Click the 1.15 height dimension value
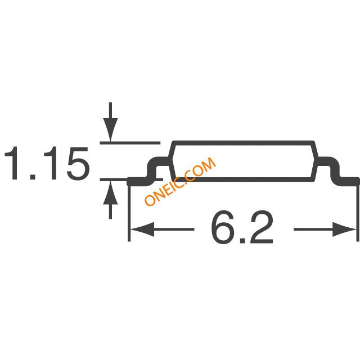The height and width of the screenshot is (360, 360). coord(47,163)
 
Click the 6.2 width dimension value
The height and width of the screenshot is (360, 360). coord(242,227)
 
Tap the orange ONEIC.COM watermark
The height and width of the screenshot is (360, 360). coord(180,181)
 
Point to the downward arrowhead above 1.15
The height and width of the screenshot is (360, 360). coord(110,130)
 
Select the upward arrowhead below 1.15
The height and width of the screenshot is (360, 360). coord(110,192)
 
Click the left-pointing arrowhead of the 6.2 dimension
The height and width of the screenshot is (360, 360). coord(142,229)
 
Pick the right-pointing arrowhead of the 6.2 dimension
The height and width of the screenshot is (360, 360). coord(344,229)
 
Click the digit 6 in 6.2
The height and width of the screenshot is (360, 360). coord(222,227)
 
